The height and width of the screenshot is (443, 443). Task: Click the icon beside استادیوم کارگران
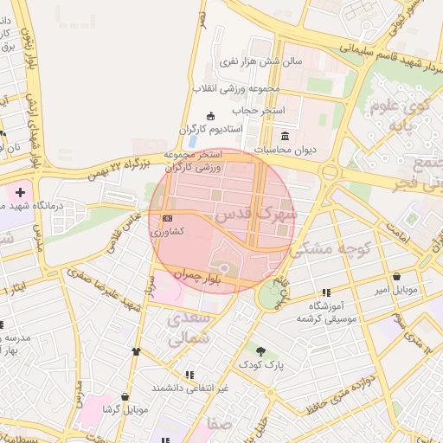210,117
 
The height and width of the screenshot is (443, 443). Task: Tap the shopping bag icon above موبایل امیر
396,278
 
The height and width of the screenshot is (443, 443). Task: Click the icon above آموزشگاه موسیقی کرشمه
326,292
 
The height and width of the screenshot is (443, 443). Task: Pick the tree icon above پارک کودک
261,350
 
